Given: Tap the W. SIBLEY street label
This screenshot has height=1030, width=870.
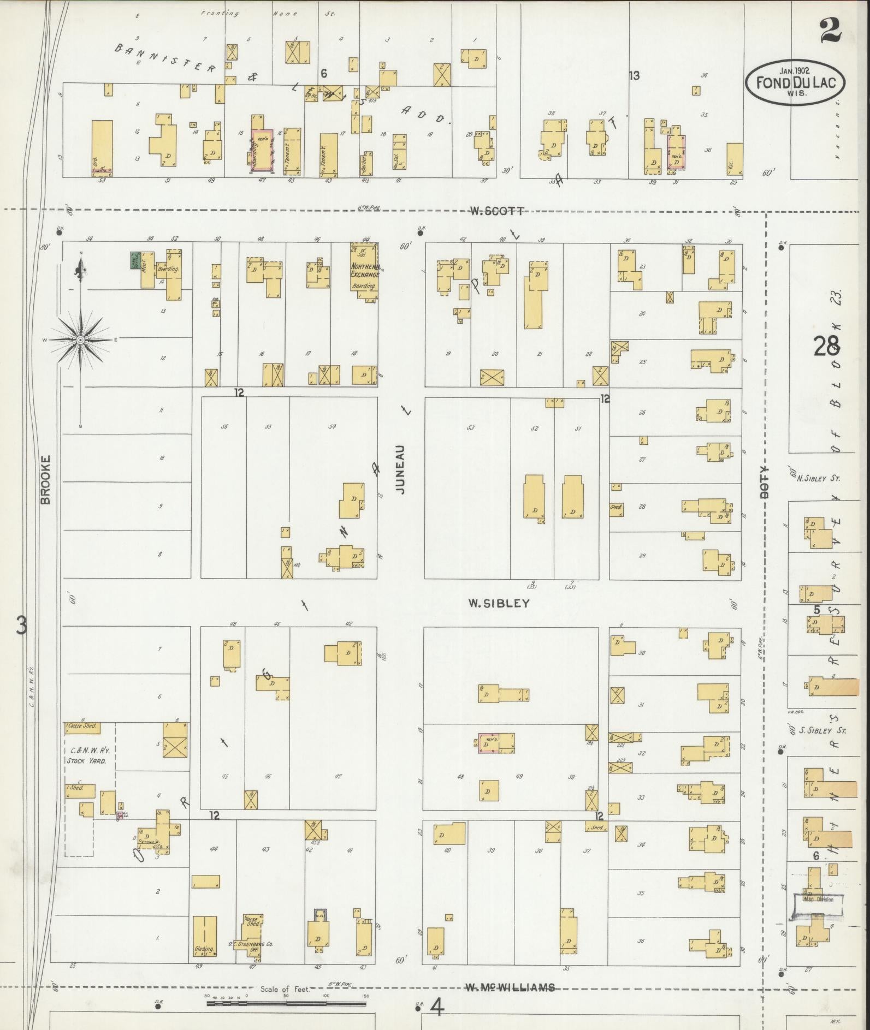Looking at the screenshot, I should click(x=499, y=603).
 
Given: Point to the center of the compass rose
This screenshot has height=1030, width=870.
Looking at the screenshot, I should click(x=80, y=340).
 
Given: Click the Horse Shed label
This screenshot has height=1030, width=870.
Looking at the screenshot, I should click(x=252, y=921).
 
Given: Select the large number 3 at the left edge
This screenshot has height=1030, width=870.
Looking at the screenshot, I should click(x=21, y=626).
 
